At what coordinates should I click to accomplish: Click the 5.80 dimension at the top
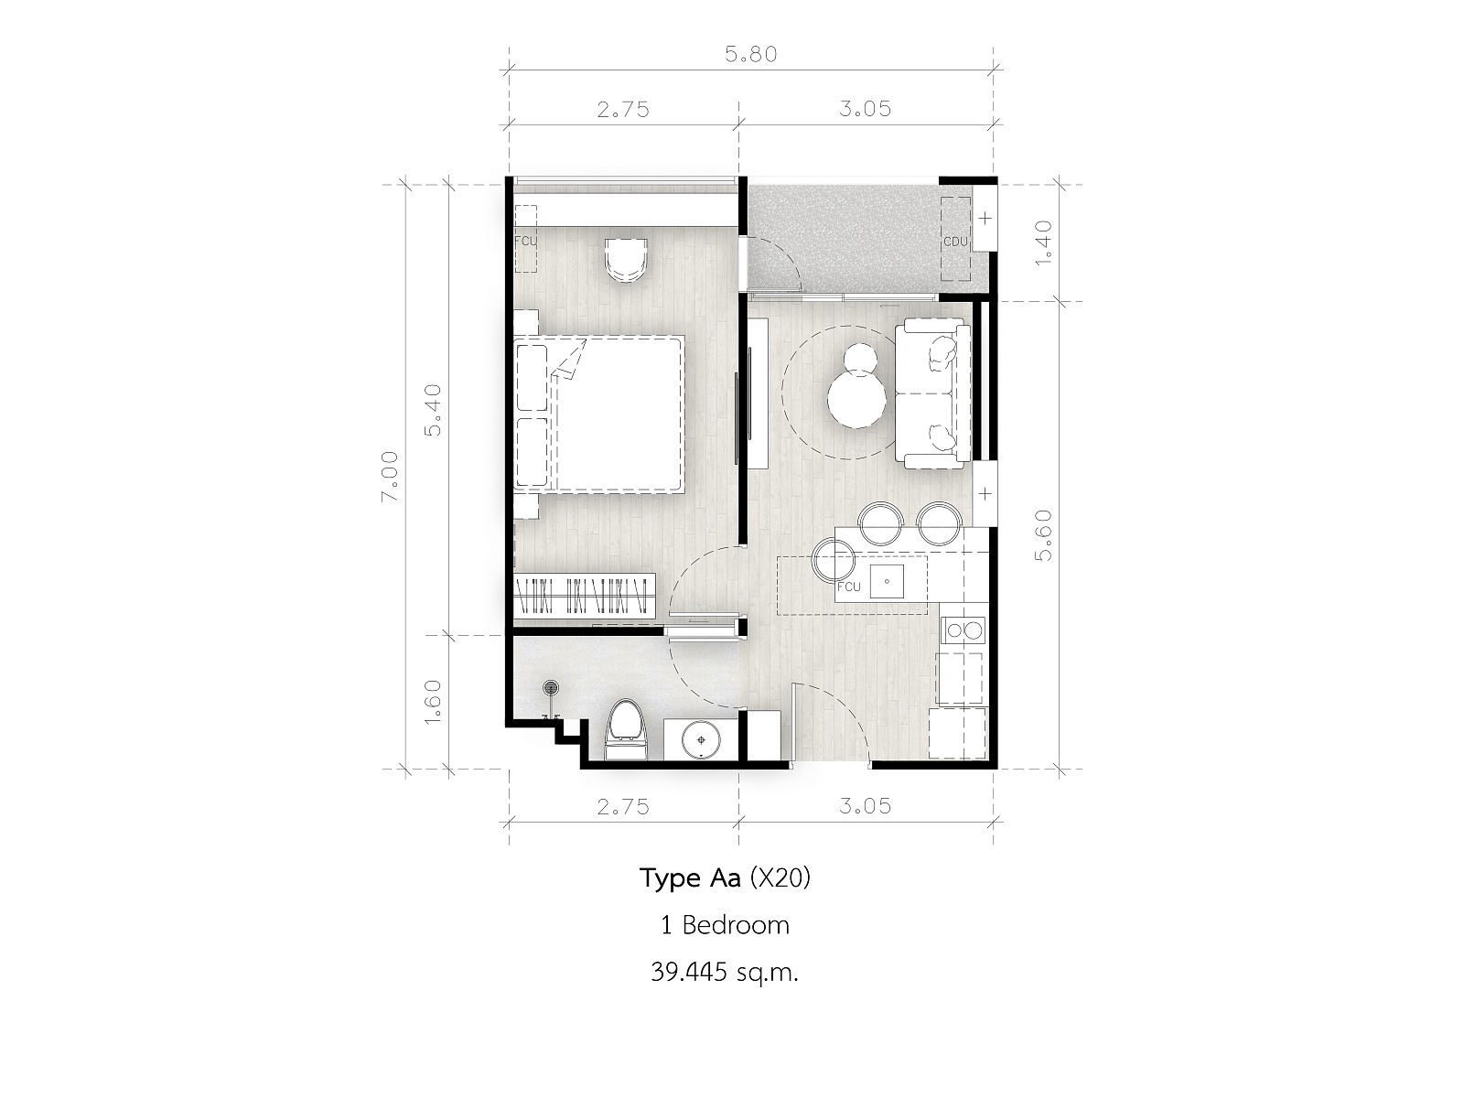751,54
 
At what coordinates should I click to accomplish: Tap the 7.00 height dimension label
390,477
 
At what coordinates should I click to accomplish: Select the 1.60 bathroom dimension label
433,700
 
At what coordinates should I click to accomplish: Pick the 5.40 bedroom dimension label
433,410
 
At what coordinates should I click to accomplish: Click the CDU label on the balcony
955,242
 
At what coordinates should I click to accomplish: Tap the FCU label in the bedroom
525,241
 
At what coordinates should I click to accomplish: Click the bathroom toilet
625,729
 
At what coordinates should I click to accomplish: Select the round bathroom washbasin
700,739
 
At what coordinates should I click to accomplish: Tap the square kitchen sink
886,581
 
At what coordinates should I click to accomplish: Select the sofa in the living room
932,393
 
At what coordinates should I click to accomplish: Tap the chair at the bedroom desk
626,259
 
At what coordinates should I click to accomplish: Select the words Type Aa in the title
690,879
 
